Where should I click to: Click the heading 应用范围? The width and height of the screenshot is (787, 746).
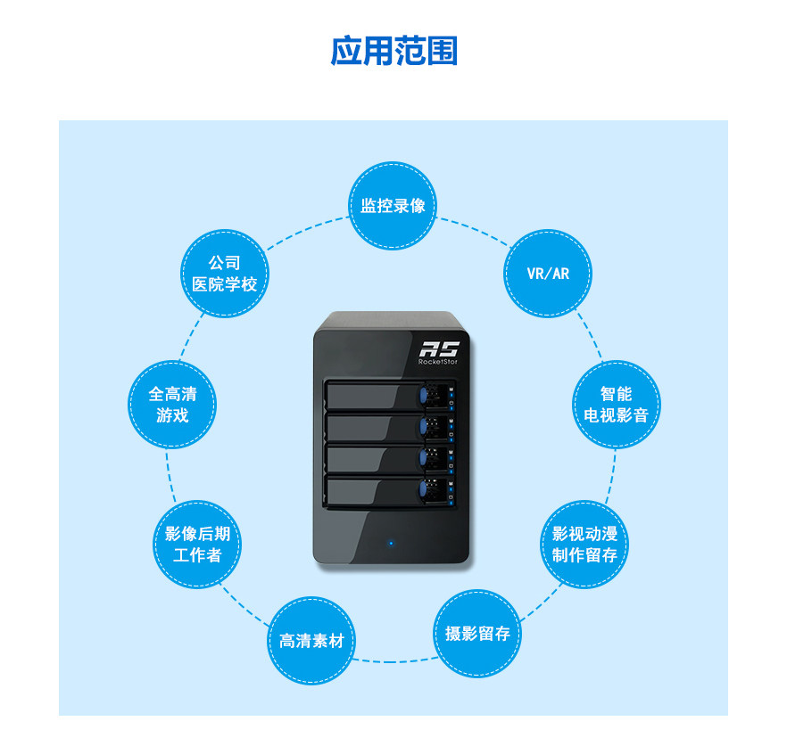click(x=393, y=51)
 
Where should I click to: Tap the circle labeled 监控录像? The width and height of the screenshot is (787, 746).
click(x=393, y=206)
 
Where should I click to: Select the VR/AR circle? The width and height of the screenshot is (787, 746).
click(x=548, y=273)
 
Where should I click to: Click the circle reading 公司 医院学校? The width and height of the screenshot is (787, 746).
click(x=225, y=274)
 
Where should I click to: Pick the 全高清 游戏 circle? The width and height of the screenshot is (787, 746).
click(x=172, y=404)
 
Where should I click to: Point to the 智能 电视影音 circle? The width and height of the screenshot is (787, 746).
click(x=616, y=404)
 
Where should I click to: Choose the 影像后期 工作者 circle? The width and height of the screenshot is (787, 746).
click(x=197, y=544)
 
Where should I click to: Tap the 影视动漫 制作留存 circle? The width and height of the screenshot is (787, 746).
click(x=584, y=544)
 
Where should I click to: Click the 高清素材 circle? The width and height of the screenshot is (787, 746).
click(x=312, y=641)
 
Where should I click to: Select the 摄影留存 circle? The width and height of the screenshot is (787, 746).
click(x=477, y=634)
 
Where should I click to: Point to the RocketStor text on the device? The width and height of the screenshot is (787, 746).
click(x=438, y=364)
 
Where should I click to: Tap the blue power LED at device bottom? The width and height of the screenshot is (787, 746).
click(x=391, y=542)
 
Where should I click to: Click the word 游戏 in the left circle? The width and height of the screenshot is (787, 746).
click(x=172, y=415)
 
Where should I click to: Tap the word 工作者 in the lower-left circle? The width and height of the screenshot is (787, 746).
click(x=197, y=555)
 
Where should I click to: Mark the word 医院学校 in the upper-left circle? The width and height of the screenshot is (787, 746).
click(x=225, y=285)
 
